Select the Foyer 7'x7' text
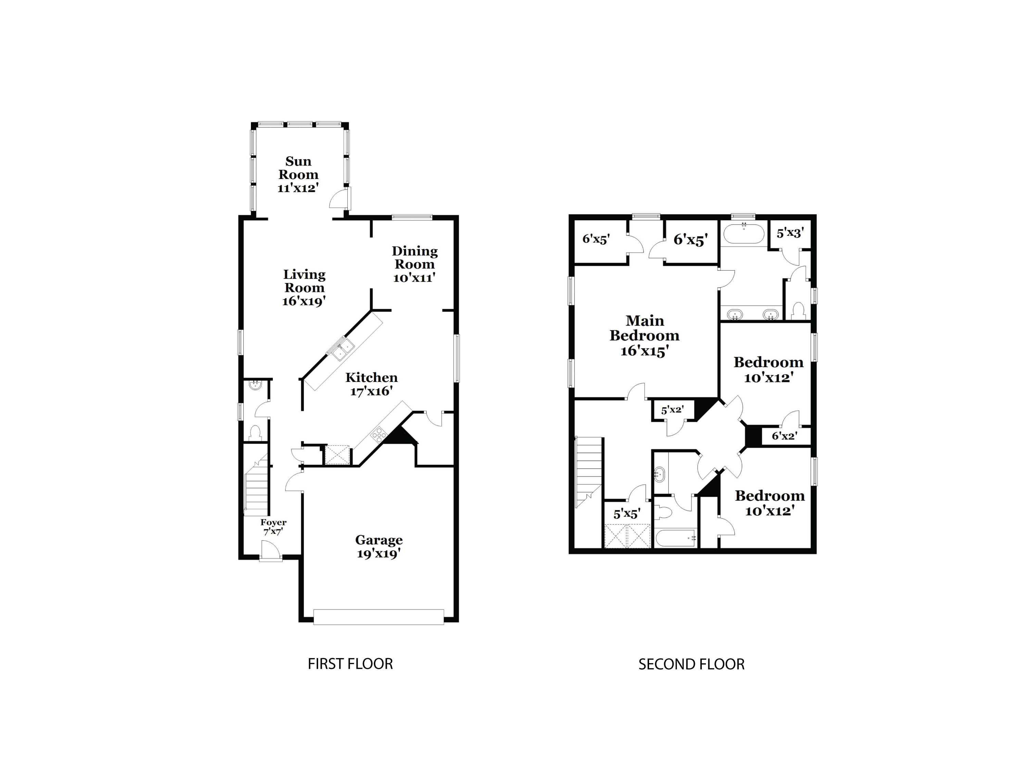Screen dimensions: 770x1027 [273, 527]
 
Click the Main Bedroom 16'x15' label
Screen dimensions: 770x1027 [644, 335]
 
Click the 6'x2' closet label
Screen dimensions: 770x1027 [785, 436]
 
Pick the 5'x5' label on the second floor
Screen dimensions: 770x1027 [627, 514]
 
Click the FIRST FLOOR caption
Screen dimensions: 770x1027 [350, 664]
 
